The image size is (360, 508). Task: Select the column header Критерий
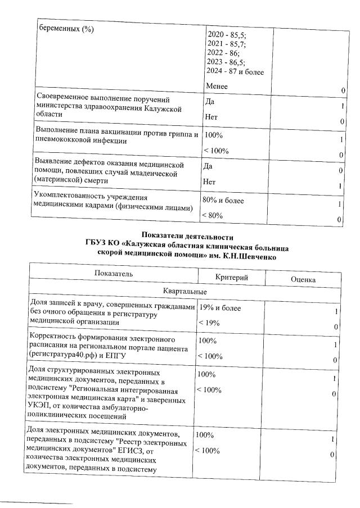(x=232, y=278)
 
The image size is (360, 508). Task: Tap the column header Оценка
(x=303, y=279)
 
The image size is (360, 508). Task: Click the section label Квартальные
(x=184, y=292)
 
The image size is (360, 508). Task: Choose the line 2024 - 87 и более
(x=236, y=72)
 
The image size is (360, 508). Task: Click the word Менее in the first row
(x=217, y=87)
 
